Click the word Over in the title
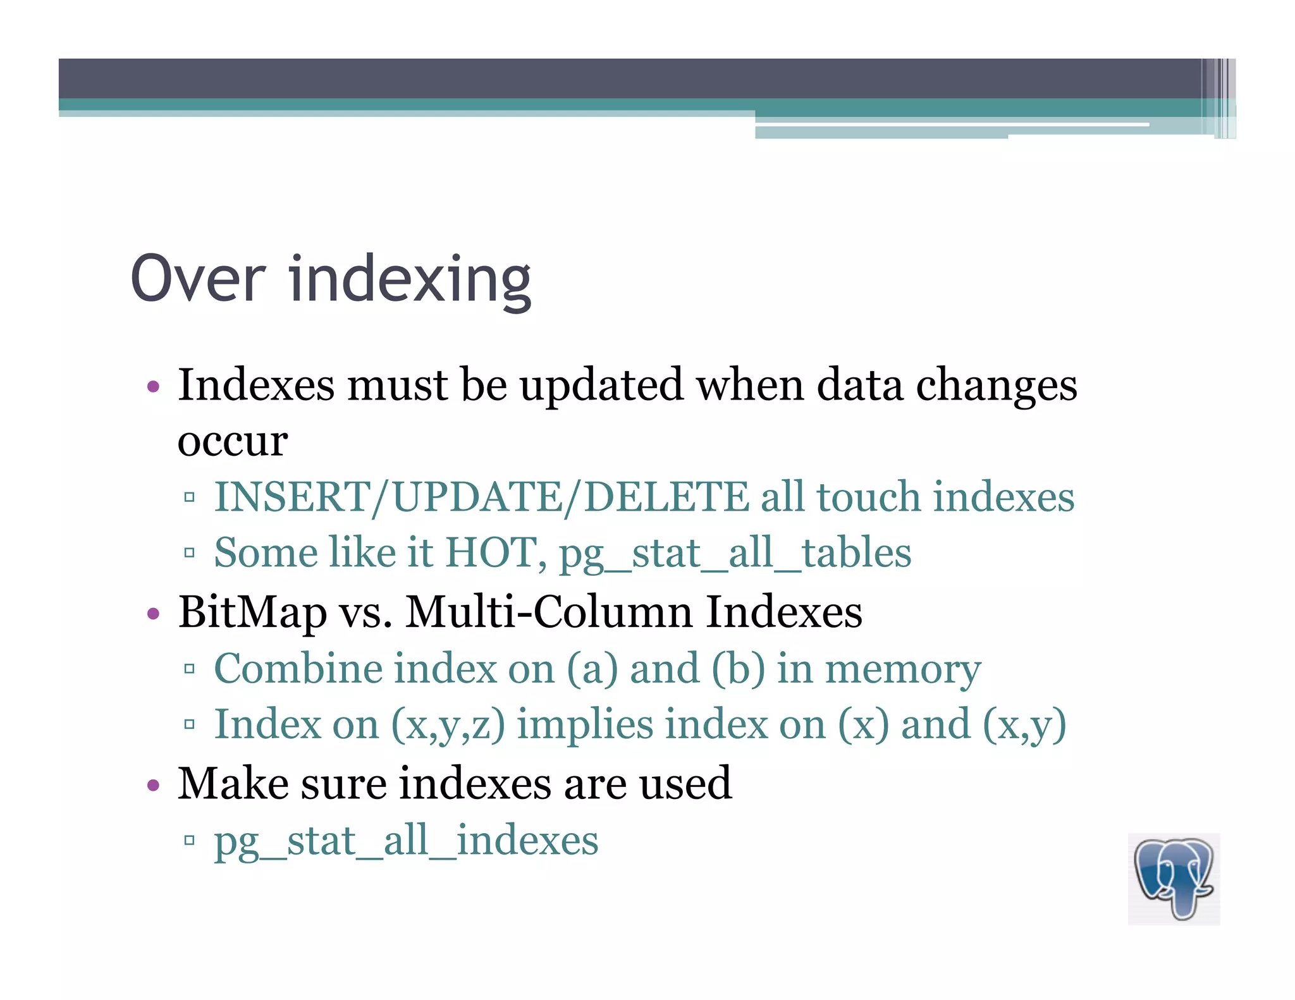click(x=198, y=279)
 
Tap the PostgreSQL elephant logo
click(x=1174, y=879)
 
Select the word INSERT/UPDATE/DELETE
click(x=481, y=497)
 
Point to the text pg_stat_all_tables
click(x=735, y=554)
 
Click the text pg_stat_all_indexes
click(x=406, y=841)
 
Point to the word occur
click(x=232, y=441)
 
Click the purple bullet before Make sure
click(x=152, y=786)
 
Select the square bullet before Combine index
click(x=189, y=669)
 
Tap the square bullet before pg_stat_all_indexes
click(x=189, y=840)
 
